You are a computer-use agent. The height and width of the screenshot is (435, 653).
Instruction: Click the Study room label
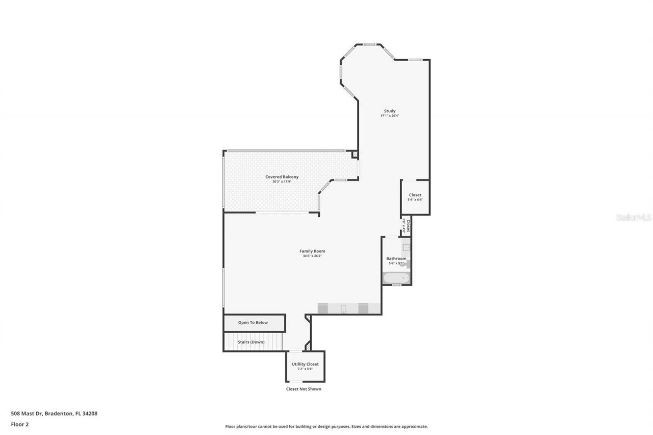pos(390,111)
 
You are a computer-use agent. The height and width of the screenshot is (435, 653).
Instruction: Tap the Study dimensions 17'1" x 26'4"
pos(390,116)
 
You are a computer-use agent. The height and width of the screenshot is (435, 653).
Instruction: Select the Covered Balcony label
pos(282,176)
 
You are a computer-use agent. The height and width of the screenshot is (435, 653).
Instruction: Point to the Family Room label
pos(312,251)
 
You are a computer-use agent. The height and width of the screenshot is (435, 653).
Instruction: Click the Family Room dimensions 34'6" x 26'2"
pos(312,256)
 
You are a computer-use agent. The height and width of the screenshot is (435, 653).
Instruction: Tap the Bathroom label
pos(396,259)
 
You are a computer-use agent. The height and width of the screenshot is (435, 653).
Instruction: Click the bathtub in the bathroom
pos(395,278)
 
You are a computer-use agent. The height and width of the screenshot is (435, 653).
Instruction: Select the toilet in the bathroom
pos(408,264)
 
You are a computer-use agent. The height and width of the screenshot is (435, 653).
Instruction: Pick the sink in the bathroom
pos(406,248)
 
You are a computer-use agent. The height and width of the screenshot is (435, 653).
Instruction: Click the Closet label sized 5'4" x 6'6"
pos(415,195)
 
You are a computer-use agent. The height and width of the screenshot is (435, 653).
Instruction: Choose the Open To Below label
pos(253,323)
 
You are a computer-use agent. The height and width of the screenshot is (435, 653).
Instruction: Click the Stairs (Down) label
pos(252,342)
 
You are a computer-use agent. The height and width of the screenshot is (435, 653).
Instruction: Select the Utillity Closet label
pos(305,364)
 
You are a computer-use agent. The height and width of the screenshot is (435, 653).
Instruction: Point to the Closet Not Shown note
pos(304,389)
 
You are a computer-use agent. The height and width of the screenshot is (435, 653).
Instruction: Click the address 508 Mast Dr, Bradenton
pos(54,414)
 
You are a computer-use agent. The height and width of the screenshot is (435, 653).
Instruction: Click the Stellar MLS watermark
pos(634,217)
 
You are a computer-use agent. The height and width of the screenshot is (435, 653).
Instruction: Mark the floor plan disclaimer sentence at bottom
pos(326,426)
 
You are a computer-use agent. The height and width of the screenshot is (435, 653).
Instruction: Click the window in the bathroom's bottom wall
pos(396,285)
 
